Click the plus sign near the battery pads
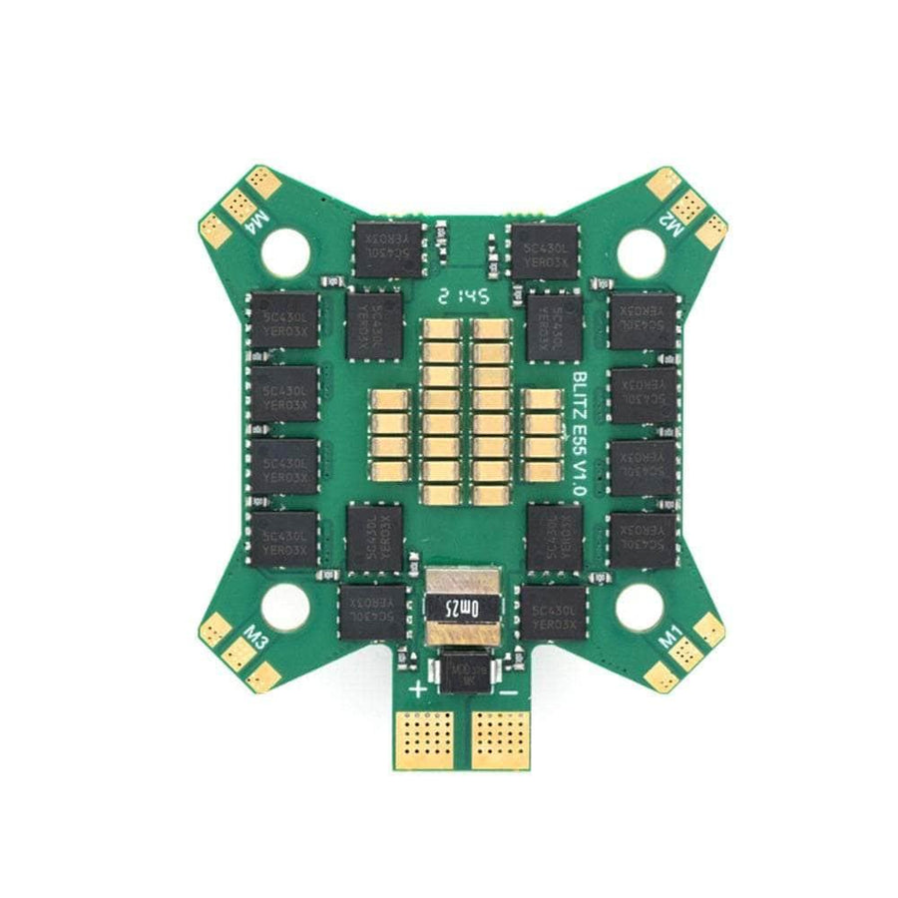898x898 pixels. coord(418,689)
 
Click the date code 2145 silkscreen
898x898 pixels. coord(462,295)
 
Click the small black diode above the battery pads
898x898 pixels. coord(462,666)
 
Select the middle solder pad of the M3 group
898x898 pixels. coord(238,655)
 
